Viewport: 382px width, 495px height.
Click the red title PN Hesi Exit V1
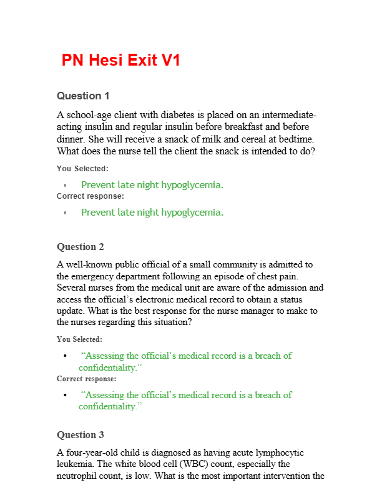(121, 61)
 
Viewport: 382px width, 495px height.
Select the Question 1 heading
(83, 96)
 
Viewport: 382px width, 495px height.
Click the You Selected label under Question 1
(82, 169)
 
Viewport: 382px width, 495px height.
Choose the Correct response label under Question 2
(86, 379)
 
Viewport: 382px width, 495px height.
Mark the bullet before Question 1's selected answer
(65, 185)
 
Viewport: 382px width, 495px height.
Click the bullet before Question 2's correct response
(65, 395)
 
